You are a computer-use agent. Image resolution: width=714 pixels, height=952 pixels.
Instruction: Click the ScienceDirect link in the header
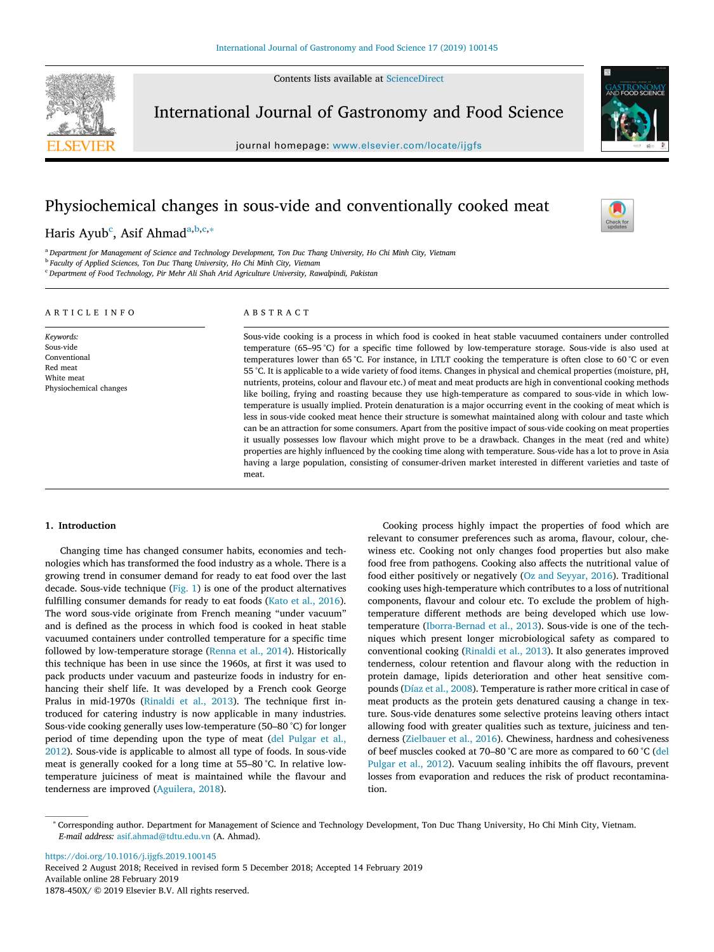[414, 79]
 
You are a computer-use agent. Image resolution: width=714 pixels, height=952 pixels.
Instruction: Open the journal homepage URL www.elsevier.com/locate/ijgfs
[407, 145]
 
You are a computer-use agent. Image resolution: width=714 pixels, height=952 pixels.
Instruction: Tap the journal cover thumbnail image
[634, 109]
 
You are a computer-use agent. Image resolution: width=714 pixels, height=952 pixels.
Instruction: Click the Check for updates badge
[617, 216]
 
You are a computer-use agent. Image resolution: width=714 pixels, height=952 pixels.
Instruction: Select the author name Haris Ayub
[76, 233]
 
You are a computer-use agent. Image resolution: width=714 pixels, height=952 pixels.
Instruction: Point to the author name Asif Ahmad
[153, 233]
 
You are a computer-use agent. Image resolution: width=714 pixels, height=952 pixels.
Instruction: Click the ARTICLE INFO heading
[90, 312]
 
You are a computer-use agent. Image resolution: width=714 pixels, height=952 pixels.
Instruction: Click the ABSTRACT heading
[276, 312]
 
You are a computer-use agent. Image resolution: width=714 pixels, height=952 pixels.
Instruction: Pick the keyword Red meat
[61, 367]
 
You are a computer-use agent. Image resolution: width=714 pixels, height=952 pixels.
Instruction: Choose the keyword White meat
[65, 378]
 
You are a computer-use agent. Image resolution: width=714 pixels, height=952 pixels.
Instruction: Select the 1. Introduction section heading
[81, 526]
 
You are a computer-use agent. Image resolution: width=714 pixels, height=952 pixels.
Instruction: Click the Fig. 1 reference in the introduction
[185, 588]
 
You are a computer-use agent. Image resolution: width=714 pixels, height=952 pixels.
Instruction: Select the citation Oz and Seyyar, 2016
[567, 576]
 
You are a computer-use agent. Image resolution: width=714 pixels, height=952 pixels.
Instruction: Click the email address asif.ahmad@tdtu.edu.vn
[163, 836]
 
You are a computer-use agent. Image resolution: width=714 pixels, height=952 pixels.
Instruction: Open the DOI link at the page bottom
[130, 856]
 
